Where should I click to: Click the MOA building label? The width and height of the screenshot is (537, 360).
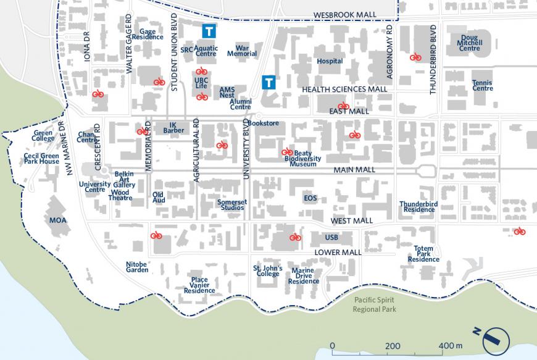click(57, 220)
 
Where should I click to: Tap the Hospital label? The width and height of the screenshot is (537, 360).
click(329, 62)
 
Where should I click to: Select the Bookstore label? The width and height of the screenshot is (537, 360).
click(265, 123)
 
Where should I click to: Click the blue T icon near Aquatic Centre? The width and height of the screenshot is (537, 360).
click(209, 30)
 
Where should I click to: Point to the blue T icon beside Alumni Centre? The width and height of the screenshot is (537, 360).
click(268, 82)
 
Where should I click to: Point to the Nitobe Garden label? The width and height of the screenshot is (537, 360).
click(137, 266)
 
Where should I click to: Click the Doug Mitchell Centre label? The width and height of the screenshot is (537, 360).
click(469, 43)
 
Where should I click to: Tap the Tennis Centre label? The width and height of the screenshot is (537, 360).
click(482, 85)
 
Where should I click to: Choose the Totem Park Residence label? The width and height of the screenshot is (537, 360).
click(423, 254)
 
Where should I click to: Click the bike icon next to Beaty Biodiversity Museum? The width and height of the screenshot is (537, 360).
click(287, 151)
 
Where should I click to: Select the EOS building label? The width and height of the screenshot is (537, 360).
click(310, 198)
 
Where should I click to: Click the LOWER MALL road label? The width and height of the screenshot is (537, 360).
click(337, 253)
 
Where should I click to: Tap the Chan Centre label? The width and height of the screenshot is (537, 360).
click(86, 137)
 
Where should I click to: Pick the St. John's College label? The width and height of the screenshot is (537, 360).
click(268, 271)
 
